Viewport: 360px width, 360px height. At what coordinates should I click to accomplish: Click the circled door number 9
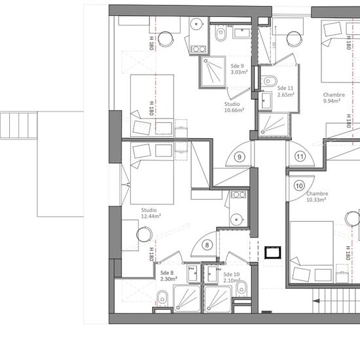tap(240, 157)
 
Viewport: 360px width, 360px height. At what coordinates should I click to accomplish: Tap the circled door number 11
tap(300, 157)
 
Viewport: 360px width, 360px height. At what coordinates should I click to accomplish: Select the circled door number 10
tap(299, 186)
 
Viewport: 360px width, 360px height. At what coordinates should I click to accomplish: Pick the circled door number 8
tap(207, 245)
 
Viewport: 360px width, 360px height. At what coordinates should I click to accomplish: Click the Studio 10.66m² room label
tap(234, 107)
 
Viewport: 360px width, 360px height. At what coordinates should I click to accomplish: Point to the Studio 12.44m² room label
tap(151, 213)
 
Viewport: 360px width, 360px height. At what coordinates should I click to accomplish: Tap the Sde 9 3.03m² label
tap(239, 69)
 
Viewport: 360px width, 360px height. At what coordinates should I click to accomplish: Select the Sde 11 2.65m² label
tap(286, 92)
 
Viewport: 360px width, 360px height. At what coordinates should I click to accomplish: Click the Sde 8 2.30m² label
tap(169, 276)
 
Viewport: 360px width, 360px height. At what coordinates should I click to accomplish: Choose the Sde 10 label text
tap(232, 274)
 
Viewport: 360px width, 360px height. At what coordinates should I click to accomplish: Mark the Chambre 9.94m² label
tap(334, 98)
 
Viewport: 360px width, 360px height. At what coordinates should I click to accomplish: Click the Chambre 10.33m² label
tap(317, 196)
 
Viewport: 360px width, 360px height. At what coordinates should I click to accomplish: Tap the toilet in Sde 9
tap(221, 33)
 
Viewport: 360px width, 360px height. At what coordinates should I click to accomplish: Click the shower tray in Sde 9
tap(212, 72)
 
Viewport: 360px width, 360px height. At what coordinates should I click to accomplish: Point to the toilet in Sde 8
tap(162, 298)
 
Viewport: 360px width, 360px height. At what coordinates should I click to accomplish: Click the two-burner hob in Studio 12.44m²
tap(238, 195)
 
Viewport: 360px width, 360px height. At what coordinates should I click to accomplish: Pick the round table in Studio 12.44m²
tap(144, 234)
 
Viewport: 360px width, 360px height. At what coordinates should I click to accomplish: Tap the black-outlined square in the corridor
tap(273, 253)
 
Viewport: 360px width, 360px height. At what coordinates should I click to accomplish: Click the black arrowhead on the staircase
tap(317, 301)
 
